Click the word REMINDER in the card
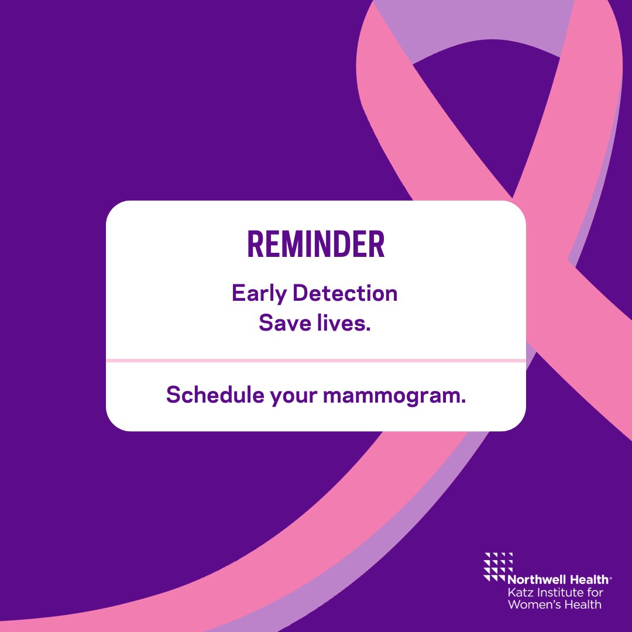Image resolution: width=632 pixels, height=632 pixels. pos(316,245)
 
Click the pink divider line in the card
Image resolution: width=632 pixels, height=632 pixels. pos(316,360)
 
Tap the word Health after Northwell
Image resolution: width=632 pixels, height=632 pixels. pos(589,579)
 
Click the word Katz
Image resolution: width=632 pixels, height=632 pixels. pos(518,592)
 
